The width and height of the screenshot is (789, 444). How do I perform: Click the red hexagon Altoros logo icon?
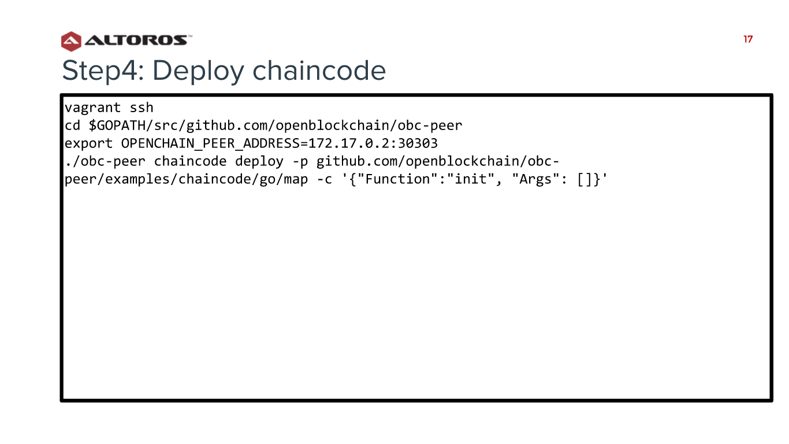pyautogui.click(x=71, y=41)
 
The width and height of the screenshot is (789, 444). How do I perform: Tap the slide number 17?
pyautogui.click(x=748, y=39)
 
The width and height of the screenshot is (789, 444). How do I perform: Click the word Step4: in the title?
pyautogui.click(x=103, y=71)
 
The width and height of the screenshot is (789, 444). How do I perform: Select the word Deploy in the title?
pyautogui.click(x=198, y=71)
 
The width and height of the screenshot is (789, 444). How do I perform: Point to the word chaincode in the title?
pyautogui.click(x=319, y=70)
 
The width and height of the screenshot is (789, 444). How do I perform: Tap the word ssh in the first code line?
pyautogui.click(x=142, y=108)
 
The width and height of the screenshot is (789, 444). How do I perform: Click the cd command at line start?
pyautogui.click(x=73, y=125)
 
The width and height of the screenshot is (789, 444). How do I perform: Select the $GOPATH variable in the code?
pyautogui.click(x=117, y=125)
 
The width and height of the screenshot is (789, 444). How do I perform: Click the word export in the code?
pyautogui.click(x=88, y=143)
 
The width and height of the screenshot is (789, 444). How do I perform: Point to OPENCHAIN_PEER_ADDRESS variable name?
pyautogui.click(x=210, y=143)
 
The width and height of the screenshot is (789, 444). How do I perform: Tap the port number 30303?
pyautogui.click(x=418, y=143)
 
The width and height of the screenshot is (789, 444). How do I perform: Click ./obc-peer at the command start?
pyautogui.click(x=105, y=161)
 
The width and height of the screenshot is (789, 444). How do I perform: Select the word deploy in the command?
pyautogui.click(x=259, y=161)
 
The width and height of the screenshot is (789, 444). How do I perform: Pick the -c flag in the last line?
pyautogui.click(x=325, y=179)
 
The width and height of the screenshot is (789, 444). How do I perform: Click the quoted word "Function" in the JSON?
pyautogui.click(x=397, y=179)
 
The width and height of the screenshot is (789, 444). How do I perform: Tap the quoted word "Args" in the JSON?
pyautogui.click(x=536, y=179)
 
